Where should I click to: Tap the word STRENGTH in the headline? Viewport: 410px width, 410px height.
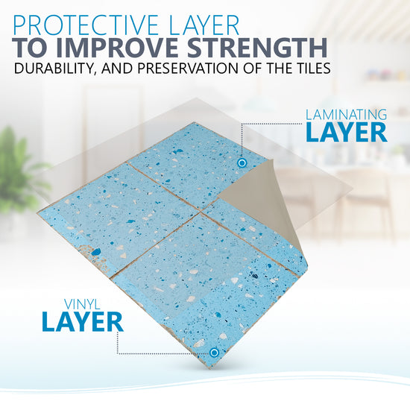pos(257,48)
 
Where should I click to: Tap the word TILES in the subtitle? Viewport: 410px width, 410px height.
pos(310,68)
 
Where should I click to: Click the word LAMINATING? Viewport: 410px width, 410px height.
pos(346,115)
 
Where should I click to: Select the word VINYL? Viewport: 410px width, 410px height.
pos(82,305)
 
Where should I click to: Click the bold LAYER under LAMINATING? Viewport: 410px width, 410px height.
pos(346,133)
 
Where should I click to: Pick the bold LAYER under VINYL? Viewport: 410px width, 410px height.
pos(82,322)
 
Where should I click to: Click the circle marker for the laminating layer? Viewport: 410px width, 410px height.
pos(242,163)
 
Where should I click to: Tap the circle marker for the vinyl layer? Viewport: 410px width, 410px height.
pos(214,353)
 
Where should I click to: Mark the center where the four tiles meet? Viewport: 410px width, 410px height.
pos(201,212)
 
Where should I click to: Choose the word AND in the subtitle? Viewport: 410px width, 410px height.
pos(117,68)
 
